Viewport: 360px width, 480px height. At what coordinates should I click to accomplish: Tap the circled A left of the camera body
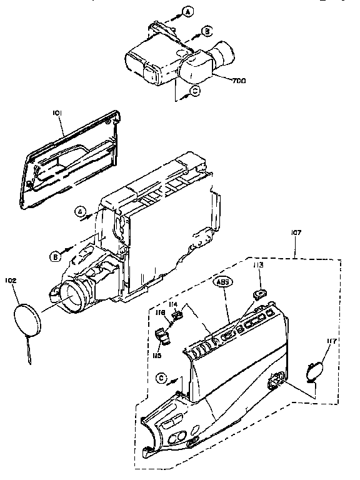[x=81, y=211]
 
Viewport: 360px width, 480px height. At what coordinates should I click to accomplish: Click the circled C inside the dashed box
[x=162, y=377]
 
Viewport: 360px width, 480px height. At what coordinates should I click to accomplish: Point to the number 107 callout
[x=296, y=233]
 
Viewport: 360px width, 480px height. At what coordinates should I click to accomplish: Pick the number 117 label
[x=331, y=341]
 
